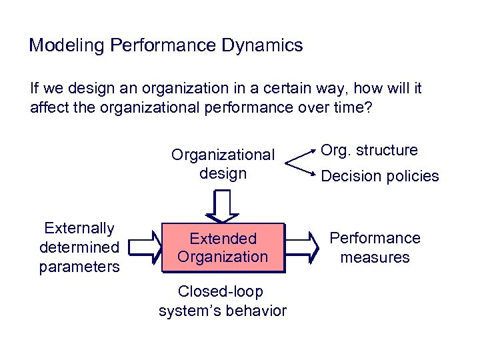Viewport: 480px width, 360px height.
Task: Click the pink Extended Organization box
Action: [223, 247]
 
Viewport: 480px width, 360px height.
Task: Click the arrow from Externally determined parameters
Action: [145, 248]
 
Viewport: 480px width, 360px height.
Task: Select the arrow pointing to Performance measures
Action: [305, 248]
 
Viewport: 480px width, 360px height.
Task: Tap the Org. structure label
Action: [369, 150]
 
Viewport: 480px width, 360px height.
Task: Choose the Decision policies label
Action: [380, 177]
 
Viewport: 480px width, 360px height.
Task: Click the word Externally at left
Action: [79, 229]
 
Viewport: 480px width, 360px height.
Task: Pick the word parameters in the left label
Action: [79, 267]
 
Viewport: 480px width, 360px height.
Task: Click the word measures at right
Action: [375, 257]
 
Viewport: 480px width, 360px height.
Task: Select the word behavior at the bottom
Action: [259, 311]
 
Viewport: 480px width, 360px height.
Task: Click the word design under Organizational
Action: [223, 174]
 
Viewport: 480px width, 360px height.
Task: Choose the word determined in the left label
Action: [79, 247]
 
